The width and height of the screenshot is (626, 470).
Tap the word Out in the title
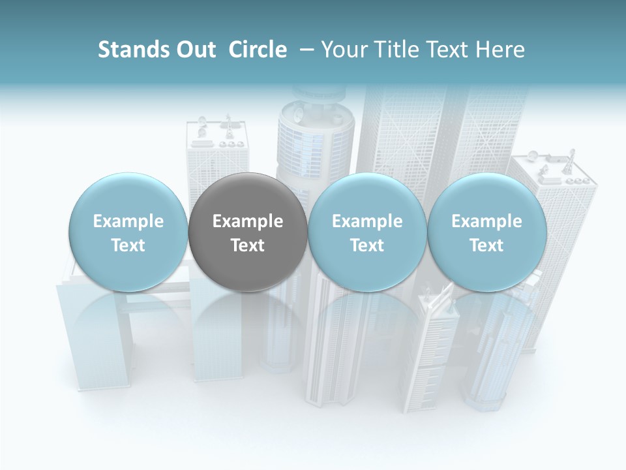[x=194, y=50]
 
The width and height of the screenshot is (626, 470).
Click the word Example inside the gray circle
[x=248, y=221]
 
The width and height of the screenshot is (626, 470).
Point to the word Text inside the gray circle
[x=248, y=245]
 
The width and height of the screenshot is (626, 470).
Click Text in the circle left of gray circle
[x=128, y=245]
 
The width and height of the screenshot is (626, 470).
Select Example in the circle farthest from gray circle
[x=486, y=221]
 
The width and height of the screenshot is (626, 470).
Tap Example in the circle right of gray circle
[x=367, y=221]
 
